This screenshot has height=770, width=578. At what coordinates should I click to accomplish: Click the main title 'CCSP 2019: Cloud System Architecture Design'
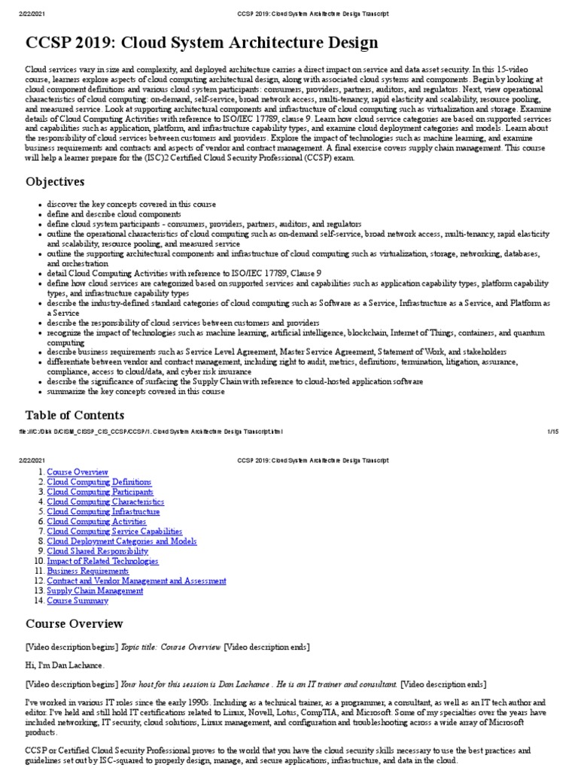click(x=202, y=42)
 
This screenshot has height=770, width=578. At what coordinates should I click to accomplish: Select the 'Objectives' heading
click(x=55, y=181)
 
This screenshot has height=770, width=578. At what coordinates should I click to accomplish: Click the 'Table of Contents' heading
click(x=75, y=415)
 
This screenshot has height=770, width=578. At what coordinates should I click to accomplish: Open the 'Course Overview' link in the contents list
click(x=78, y=471)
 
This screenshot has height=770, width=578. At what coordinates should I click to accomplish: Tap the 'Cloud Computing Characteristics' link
click(x=105, y=502)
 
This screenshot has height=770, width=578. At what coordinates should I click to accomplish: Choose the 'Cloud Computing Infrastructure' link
click(x=103, y=511)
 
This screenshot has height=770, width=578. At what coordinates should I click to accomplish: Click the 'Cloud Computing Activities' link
click(x=96, y=521)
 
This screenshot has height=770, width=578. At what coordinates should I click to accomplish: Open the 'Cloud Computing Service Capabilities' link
click(x=115, y=531)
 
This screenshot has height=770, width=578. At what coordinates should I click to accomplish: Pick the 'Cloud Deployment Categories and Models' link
click(x=121, y=541)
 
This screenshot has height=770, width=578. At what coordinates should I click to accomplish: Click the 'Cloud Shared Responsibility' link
click(x=97, y=551)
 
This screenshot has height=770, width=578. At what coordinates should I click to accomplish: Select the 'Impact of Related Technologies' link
click(x=102, y=561)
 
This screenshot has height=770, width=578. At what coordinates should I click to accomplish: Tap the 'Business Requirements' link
click(x=87, y=571)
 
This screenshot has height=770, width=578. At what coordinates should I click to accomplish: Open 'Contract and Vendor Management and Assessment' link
click(x=136, y=581)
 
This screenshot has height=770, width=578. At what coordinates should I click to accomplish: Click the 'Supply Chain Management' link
click(x=95, y=590)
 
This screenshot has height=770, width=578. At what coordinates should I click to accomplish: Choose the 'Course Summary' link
click(x=78, y=601)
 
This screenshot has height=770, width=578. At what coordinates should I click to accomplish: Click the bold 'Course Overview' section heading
click(x=74, y=623)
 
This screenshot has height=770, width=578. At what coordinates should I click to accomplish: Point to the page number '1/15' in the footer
click(x=552, y=431)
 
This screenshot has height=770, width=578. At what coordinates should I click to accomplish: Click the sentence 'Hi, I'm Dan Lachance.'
click(x=65, y=665)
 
